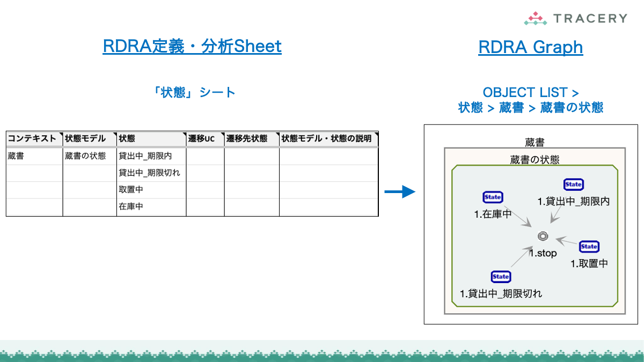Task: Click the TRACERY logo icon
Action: pos(535,19)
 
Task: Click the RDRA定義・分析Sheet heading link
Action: pos(192,47)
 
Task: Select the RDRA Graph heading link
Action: pos(530,47)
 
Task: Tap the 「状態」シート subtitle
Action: pos(194,92)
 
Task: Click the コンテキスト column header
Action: pos(32,139)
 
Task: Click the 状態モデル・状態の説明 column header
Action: pos(326,139)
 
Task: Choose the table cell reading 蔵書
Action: pos(16,156)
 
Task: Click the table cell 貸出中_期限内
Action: pos(145,156)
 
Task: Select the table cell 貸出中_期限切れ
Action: pos(149,173)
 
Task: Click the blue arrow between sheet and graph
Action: pos(400,191)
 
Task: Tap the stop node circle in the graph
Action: pos(542,237)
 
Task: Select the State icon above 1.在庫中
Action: pos(493,197)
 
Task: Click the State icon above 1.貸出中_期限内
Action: pos(573,184)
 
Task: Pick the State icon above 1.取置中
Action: pos(589,247)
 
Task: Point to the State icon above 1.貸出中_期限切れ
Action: pos(501,277)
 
